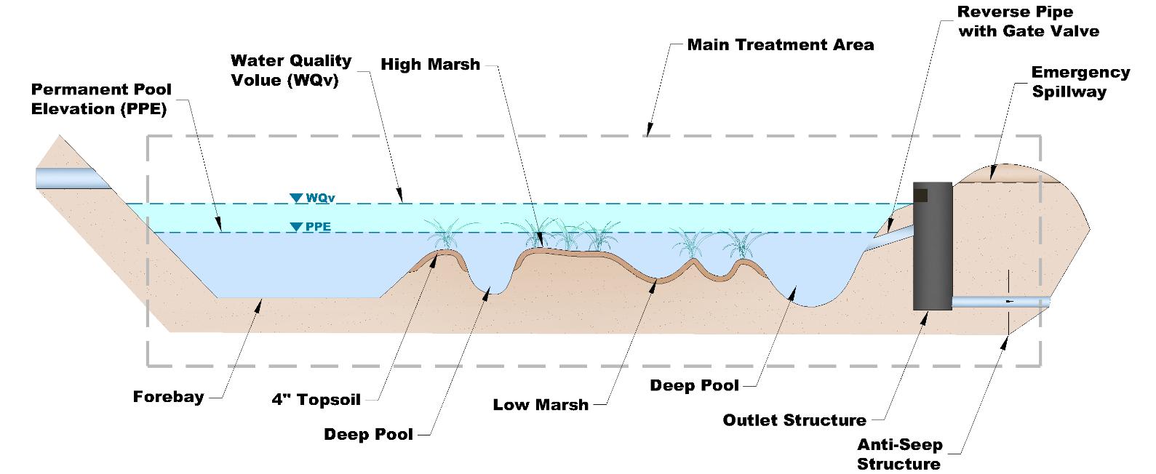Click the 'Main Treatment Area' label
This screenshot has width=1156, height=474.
(780, 45)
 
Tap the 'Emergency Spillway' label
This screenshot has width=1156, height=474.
(1080, 82)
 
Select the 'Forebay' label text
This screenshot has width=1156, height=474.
(168, 397)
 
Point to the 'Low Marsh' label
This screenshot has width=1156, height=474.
(541, 404)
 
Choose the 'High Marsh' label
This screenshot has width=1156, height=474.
(430, 64)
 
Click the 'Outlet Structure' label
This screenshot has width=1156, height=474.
(794, 420)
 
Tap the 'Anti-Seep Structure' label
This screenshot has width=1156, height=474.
(899, 454)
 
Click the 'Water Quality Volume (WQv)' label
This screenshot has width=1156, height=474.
(291, 70)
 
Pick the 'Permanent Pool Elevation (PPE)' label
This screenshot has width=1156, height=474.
(101, 99)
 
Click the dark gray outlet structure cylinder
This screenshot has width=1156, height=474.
(932, 247)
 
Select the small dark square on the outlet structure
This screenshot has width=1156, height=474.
(921, 195)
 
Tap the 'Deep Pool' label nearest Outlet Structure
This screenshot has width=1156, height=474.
(694, 385)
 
